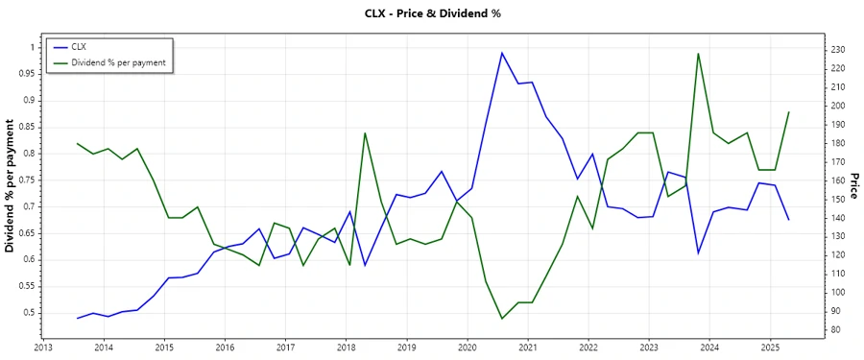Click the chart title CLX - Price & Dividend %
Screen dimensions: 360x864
[431, 13]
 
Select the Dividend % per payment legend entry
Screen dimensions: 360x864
[118, 62]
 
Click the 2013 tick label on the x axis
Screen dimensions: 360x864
[43, 347]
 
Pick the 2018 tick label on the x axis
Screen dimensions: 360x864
[346, 347]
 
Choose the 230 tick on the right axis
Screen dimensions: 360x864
[837, 49]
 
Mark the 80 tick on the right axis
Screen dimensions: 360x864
[834, 330]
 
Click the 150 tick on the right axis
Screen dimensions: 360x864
[837, 199]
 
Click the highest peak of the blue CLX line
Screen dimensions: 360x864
[502, 53]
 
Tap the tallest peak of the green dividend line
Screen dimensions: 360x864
[698, 53]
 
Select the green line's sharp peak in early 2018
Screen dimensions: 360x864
[365, 132]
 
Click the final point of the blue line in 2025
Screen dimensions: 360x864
[789, 220]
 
